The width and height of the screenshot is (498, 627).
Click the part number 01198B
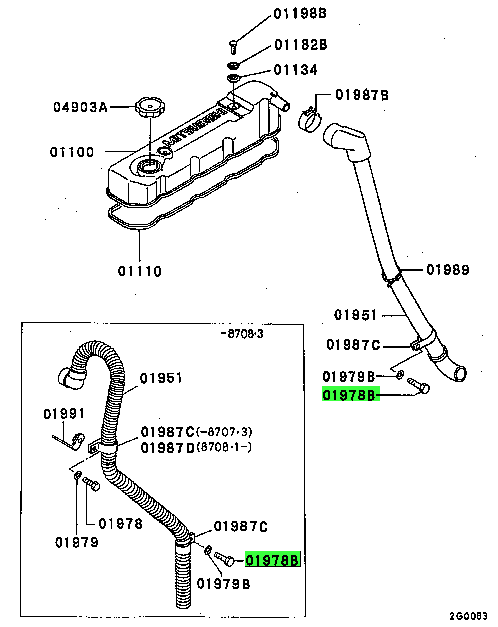coord(300,14)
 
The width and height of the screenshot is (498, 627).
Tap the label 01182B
coord(301,45)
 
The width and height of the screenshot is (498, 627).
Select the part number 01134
coord(295,70)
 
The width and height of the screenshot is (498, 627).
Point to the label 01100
coord(72,152)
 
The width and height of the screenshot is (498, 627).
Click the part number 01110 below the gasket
coord(140,271)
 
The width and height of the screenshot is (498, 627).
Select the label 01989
coord(448,270)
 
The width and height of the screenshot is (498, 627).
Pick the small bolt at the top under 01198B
coord(233,47)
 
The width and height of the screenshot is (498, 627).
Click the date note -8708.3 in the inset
coord(242,334)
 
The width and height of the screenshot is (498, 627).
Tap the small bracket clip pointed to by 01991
coord(77,441)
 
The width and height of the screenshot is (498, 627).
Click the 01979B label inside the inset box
coord(223,584)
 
